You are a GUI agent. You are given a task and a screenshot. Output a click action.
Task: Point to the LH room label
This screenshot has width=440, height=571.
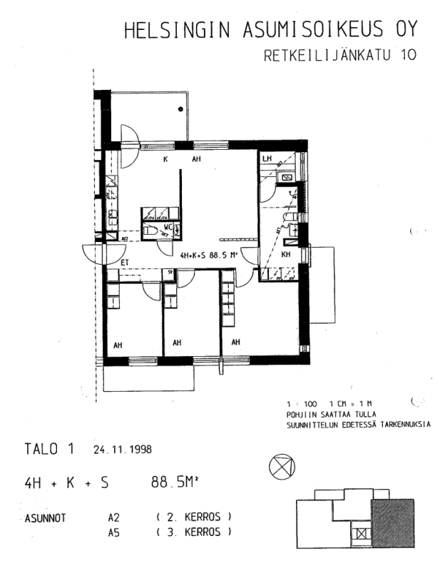pos(267,158)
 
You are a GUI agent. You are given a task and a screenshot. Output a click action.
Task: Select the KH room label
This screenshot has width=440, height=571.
pos(285,254)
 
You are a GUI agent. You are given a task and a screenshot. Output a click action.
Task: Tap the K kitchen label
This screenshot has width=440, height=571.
pos(165,159)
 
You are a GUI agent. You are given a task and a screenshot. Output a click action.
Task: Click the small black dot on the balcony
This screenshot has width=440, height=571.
pos(180,108)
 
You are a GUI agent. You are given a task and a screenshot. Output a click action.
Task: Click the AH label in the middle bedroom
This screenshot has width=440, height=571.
pos(177,343)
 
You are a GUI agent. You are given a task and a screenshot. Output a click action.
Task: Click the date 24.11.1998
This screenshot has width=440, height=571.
pos(122,450)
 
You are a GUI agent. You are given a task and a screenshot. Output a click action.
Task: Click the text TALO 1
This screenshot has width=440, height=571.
pos(49,450)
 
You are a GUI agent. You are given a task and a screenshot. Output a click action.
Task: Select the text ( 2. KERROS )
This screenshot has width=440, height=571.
pos(193,516)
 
